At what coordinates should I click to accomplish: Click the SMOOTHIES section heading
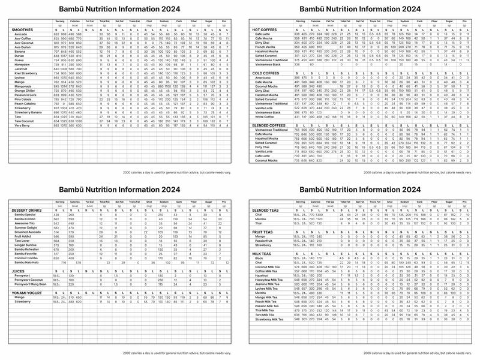pyautogui.click(x=23, y=29)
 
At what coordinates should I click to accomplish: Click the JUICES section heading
pyautogui.click(x=19, y=271)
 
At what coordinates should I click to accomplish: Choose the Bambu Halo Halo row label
pyautogui.click(x=28, y=262)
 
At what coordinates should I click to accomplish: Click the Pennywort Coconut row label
pyautogui.click(x=29, y=280)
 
